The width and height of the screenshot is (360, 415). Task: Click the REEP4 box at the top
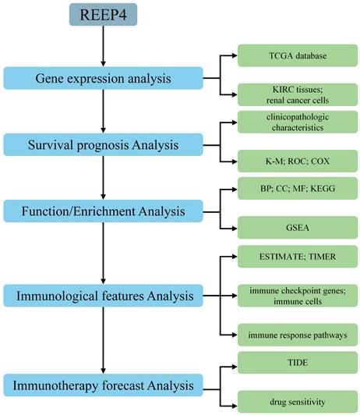click(103, 15)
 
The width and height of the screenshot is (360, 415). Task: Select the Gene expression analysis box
click(103, 78)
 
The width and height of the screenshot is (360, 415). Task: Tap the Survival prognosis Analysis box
click(103, 145)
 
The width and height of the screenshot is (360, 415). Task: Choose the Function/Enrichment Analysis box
click(103, 211)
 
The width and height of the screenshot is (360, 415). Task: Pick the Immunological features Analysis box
click(103, 296)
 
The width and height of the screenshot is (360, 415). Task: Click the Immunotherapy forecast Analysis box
click(103, 385)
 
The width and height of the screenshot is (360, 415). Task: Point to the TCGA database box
click(298, 55)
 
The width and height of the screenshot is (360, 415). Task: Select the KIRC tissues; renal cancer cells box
click(298, 94)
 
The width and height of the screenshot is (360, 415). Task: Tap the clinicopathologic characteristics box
click(298, 122)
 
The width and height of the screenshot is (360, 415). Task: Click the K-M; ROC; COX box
click(298, 161)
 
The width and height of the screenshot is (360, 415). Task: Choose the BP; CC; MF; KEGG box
click(298, 189)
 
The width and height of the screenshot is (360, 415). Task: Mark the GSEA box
click(298, 228)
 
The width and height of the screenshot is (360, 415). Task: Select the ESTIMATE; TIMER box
click(298, 257)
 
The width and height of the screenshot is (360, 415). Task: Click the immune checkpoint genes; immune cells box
click(298, 296)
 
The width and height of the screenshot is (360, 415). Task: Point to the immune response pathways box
click(298, 335)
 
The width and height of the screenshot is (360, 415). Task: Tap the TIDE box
click(298, 363)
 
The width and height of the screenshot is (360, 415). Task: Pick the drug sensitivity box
click(298, 402)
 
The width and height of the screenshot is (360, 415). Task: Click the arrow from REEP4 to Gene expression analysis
click(103, 46)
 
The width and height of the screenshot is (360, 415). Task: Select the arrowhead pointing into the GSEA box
click(235, 228)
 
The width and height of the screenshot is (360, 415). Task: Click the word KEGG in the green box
click(323, 189)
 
